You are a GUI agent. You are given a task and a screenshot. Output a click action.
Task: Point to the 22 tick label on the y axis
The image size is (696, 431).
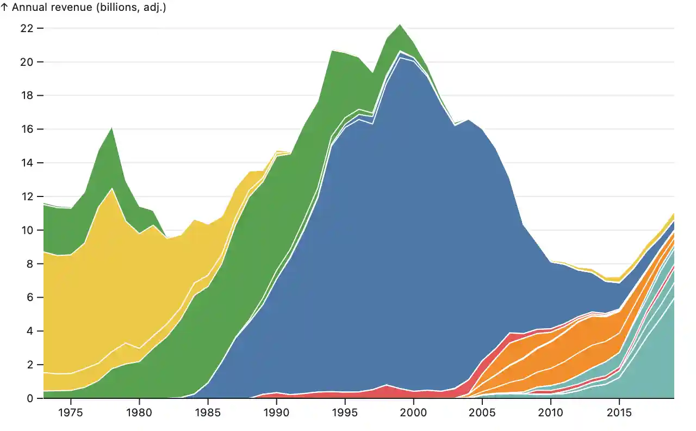[x=27, y=28]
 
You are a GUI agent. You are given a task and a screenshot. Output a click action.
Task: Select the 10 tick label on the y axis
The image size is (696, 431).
[x=27, y=230]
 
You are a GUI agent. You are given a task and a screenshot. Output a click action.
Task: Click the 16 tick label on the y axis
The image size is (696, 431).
[x=27, y=129]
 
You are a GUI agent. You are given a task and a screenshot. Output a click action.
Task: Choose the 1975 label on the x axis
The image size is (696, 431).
[x=70, y=412]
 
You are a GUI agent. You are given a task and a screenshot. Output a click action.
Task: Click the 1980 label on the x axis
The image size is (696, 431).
[x=139, y=412]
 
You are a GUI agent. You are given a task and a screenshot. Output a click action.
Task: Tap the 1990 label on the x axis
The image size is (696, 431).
[x=276, y=412]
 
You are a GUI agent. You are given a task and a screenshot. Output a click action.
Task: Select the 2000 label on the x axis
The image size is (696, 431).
[x=413, y=412]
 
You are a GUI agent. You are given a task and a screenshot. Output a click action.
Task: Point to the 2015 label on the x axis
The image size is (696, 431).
[x=619, y=412]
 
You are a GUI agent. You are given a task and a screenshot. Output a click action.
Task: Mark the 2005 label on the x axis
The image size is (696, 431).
[x=482, y=412]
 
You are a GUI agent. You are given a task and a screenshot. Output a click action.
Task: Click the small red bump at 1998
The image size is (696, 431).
[x=386, y=389]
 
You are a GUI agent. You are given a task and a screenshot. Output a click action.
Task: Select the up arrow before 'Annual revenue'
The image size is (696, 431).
[x=4, y=8]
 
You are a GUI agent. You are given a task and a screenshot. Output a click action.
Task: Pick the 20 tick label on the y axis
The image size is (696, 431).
[x=27, y=62]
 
